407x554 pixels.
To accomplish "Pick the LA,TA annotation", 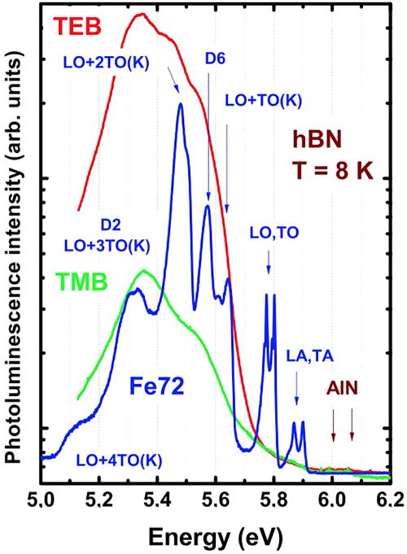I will [x=310, y=355].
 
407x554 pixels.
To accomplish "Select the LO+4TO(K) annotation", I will [x=117, y=460].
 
